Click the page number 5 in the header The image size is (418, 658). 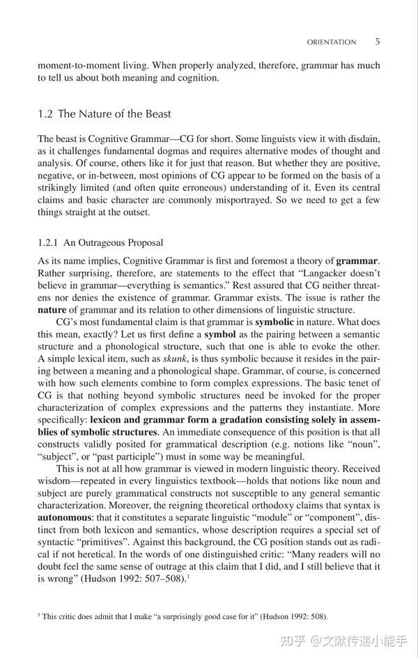[x=377, y=42]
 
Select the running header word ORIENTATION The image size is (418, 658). [x=331, y=42]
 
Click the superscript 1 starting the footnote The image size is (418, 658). [x=39, y=615]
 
